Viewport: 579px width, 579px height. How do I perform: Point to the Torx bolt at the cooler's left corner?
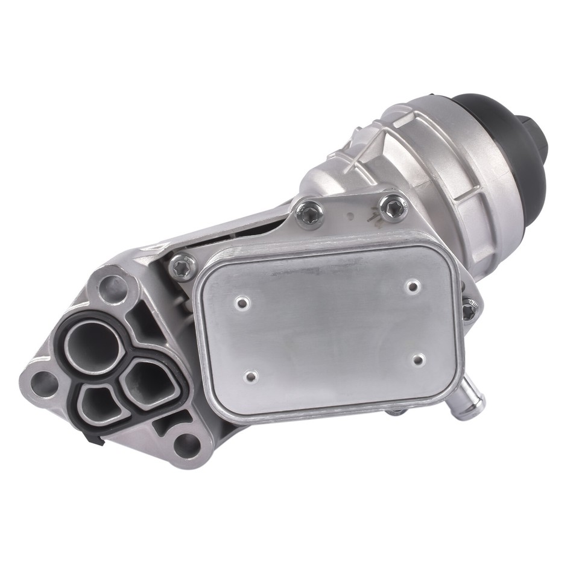[x=183, y=266]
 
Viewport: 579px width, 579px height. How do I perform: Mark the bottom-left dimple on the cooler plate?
[x=252, y=377]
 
